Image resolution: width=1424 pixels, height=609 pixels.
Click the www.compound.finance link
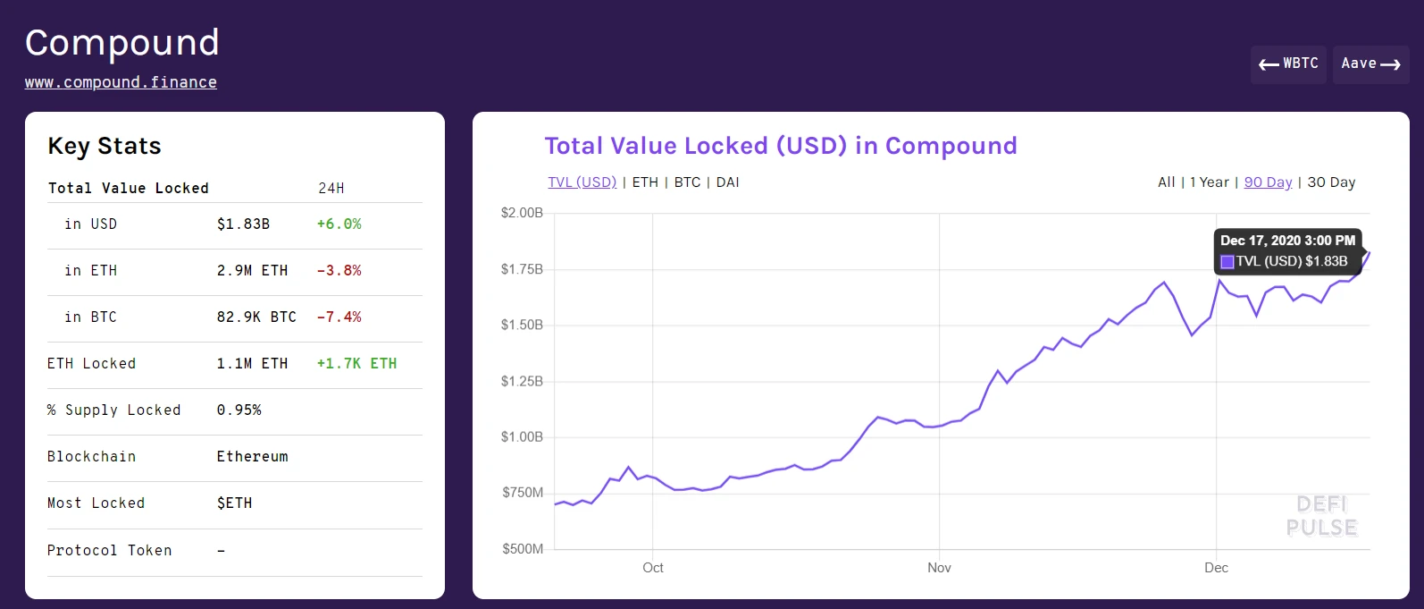(121, 82)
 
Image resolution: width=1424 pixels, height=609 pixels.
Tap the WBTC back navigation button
(1288, 64)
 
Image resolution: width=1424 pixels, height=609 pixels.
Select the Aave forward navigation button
(1370, 64)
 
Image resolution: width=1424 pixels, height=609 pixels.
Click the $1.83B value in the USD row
(243, 224)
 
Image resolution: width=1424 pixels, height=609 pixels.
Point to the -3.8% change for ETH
(339, 271)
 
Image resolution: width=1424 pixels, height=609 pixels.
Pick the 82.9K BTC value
(256, 317)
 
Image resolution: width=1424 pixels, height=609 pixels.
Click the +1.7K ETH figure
(356, 364)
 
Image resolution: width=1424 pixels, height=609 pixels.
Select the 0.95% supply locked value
(239, 410)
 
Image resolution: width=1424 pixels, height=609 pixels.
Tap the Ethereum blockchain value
(252, 457)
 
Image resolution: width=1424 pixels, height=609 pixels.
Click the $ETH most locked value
(234, 503)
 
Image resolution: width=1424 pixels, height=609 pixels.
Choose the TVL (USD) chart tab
(582, 182)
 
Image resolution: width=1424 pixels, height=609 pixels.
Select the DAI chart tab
(727, 182)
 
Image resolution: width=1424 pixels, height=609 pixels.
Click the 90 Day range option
(1268, 182)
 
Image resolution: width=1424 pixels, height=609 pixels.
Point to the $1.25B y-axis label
(522, 382)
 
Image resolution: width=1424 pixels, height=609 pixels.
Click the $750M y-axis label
(523, 493)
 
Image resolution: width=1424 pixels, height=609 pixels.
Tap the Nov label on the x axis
(939, 568)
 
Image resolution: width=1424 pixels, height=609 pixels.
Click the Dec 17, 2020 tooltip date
(1287, 241)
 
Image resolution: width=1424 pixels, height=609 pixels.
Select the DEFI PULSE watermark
(1321, 516)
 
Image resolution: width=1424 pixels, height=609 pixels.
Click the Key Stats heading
(105, 147)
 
